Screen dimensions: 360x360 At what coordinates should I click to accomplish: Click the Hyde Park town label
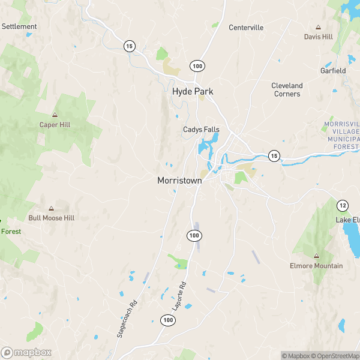pyautogui.click(x=193, y=91)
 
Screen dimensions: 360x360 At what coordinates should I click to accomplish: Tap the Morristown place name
pyautogui.click(x=179, y=180)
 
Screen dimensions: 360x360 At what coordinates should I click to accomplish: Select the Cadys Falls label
pyautogui.click(x=201, y=130)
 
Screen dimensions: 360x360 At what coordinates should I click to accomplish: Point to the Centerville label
pyautogui.click(x=246, y=28)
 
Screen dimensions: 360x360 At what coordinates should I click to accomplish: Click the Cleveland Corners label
pyautogui.click(x=287, y=89)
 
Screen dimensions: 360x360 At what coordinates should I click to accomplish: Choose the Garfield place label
pyautogui.click(x=333, y=71)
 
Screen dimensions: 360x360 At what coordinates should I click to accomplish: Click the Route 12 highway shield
pyautogui.click(x=343, y=205)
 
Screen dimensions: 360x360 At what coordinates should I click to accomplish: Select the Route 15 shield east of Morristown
pyautogui.click(x=274, y=155)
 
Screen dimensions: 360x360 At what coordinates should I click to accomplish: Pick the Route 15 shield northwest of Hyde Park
pyautogui.click(x=129, y=46)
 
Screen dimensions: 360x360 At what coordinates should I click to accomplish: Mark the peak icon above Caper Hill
pyautogui.click(x=55, y=115)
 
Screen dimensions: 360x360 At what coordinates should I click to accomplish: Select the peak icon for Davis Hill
pyautogui.click(x=318, y=27)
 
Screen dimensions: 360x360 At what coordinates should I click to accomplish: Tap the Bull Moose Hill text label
pyautogui.click(x=52, y=218)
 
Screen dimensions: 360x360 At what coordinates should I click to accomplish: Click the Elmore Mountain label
pyautogui.click(x=316, y=266)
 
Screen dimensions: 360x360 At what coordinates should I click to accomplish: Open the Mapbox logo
pyautogui.click(x=26, y=353)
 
